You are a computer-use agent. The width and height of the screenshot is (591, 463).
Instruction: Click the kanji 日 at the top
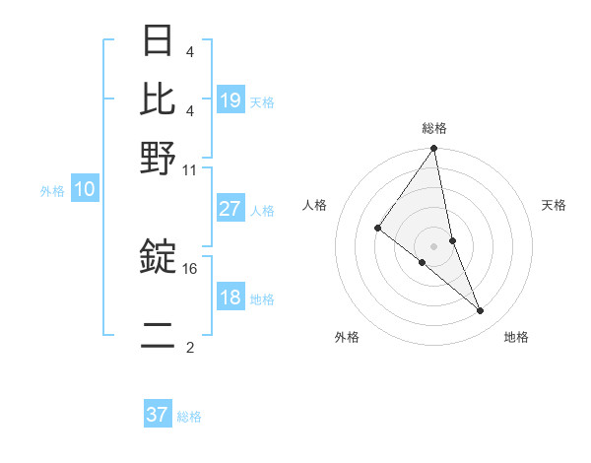pos(158,42)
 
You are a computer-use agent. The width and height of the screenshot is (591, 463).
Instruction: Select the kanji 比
pos(158,99)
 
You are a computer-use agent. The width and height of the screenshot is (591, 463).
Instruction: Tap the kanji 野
pos(158,157)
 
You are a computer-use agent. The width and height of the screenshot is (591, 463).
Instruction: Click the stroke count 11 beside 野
pos(190,169)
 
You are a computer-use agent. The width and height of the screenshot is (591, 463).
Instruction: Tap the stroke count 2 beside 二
pos(190,348)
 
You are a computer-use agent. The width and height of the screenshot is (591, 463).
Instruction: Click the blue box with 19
pos(230,100)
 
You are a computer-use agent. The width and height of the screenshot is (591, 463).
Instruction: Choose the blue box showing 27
pos(230,209)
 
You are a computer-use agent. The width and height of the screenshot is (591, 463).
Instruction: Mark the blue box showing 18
pos(230,298)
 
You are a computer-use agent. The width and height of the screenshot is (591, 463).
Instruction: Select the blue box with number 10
pos(85,190)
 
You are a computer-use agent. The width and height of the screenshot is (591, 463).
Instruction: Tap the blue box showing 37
pos(158,415)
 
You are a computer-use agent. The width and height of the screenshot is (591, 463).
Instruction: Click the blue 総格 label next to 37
pos(189,417)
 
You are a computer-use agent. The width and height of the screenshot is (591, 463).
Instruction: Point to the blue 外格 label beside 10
pos(52,191)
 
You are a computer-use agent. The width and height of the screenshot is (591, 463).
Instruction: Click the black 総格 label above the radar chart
pos(434,128)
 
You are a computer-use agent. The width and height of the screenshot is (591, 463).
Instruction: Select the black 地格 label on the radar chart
pos(516,337)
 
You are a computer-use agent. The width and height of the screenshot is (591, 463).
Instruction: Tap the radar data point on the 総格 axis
pos(434,149)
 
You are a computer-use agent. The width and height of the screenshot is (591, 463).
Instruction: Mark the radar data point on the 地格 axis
pos(481,310)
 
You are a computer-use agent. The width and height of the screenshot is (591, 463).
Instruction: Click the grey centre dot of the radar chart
pos(434,245)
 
